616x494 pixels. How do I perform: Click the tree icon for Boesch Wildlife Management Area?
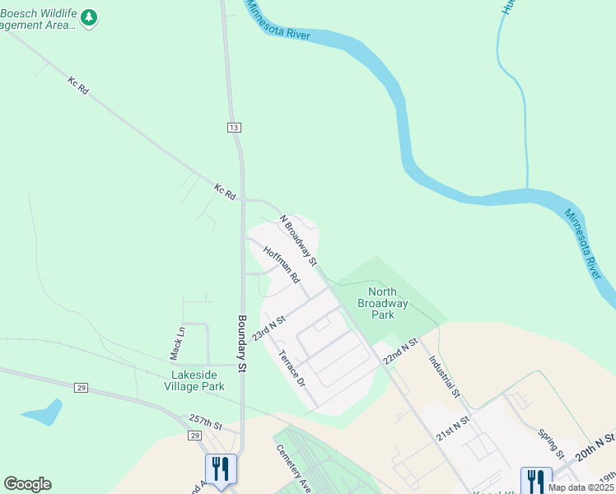tap(89, 16)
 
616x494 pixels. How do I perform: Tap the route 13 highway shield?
tap(235, 127)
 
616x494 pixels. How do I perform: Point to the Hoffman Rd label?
tap(282, 263)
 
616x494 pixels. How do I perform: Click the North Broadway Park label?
tap(382, 302)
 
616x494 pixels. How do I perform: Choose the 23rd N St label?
tap(268, 328)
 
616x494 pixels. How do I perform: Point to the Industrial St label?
tap(443, 375)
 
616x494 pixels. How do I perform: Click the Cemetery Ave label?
tap(292, 464)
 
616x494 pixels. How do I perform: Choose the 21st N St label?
tap(453, 428)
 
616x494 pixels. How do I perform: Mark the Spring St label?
tap(549, 443)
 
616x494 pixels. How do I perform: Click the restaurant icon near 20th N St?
tap(536, 480)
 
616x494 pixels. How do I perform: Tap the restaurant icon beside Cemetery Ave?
tap(221, 469)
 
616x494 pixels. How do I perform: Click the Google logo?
tap(27, 484)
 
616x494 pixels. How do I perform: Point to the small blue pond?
tap(43, 412)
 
